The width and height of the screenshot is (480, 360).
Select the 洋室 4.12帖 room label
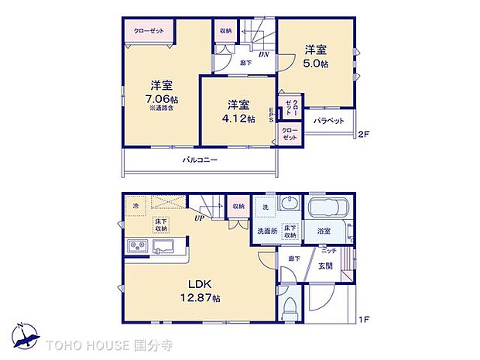coord(238,111)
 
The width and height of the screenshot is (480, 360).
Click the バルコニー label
coord(199,160)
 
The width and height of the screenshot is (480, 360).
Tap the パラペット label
coord(329,122)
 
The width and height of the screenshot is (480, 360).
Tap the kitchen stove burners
coord(136,247)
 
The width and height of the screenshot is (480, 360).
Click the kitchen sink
coord(166,247)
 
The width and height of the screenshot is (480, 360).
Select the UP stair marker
coord(200,218)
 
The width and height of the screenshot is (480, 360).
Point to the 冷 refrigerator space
coord(136,206)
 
